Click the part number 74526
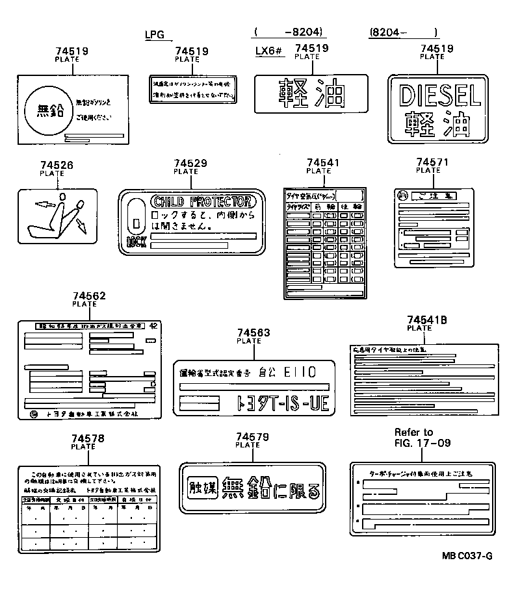[x=56, y=166]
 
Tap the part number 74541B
[x=426, y=320]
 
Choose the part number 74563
[x=253, y=333]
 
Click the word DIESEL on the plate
[x=441, y=95]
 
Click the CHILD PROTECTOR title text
[x=201, y=201]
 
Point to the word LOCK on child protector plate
[x=136, y=242]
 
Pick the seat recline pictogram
[x=57, y=216]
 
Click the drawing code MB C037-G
[x=467, y=556]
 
